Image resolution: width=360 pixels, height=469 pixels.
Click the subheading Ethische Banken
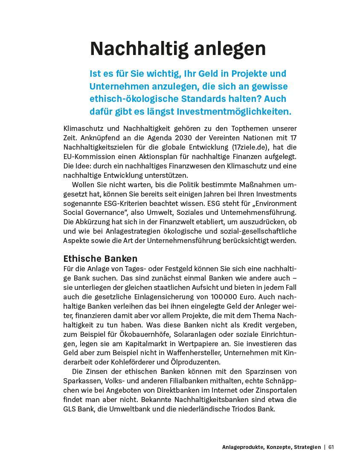(100, 258)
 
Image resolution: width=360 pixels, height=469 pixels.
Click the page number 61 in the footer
(331, 447)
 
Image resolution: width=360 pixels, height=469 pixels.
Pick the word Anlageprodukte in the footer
(241, 447)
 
